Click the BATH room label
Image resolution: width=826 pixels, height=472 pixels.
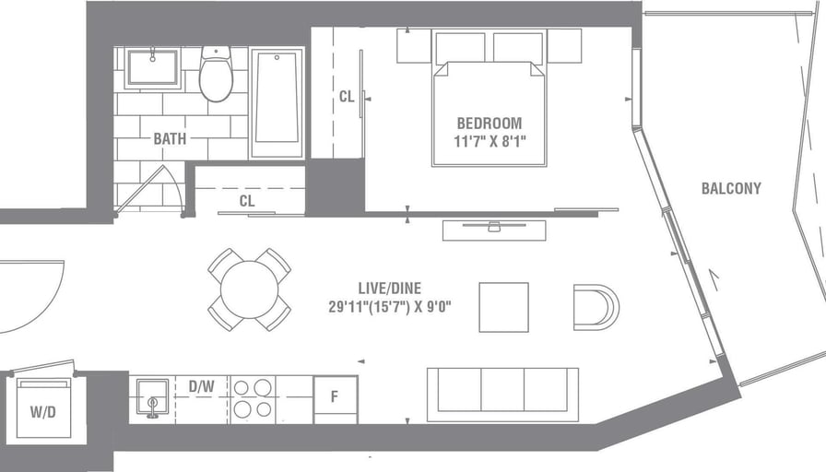click(170, 139)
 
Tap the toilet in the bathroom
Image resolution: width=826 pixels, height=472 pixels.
click(216, 76)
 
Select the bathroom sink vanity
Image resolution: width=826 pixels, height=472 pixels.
click(152, 68)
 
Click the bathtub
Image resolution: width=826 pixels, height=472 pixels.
click(277, 101)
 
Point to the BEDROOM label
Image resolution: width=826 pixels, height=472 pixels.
click(490, 123)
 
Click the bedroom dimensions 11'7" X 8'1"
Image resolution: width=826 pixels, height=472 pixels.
click(490, 141)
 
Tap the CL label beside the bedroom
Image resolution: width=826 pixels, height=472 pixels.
click(347, 96)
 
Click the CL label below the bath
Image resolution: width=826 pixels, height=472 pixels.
click(247, 200)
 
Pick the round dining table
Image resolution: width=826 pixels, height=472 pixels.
click(249, 289)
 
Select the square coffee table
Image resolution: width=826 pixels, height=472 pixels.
click(503, 307)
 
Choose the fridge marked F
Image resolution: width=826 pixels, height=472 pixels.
click(335, 398)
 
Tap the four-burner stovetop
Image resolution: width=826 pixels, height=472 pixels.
click(253, 398)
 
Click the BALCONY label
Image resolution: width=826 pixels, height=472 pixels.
click(731, 188)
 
